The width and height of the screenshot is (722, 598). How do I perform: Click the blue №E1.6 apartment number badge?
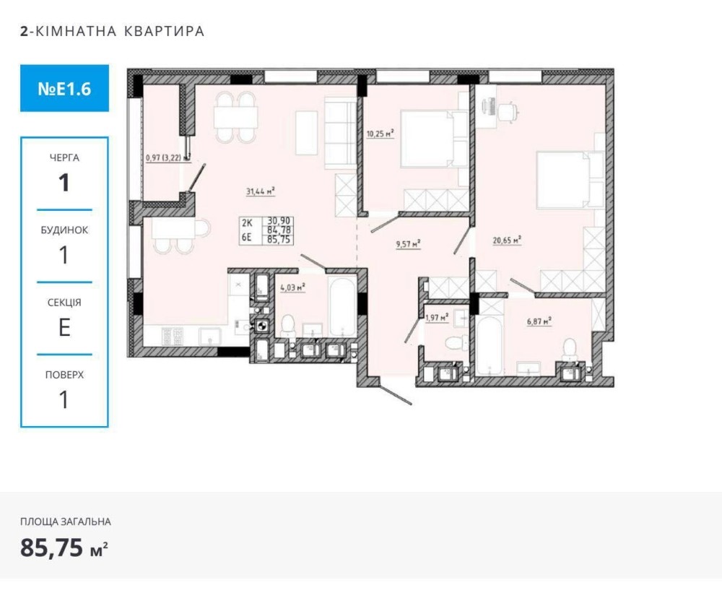point(64,88)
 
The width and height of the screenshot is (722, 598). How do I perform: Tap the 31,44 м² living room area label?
point(261,191)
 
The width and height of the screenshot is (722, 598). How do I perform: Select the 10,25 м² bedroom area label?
point(380,134)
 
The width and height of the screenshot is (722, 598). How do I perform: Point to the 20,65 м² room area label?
point(507,240)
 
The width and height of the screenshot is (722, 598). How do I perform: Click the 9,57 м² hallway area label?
point(409,244)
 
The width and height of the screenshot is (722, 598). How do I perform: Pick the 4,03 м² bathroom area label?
point(293,288)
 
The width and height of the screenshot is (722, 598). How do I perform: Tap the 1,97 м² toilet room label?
point(437,318)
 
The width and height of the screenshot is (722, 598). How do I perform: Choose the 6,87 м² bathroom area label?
point(539,321)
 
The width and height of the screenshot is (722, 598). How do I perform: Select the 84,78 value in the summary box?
point(279,230)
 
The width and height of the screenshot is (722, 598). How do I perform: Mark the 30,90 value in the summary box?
point(279,222)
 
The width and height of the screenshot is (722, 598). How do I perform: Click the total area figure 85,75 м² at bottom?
point(64,547)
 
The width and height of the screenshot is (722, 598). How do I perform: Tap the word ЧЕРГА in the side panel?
point(64,158)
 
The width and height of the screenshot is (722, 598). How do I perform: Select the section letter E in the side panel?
point(64,327)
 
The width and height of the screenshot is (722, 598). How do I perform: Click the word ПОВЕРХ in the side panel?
point(64,375)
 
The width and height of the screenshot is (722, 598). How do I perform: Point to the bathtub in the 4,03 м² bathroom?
point(342,305)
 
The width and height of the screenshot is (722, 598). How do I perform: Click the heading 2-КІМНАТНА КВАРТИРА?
point(113,31)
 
